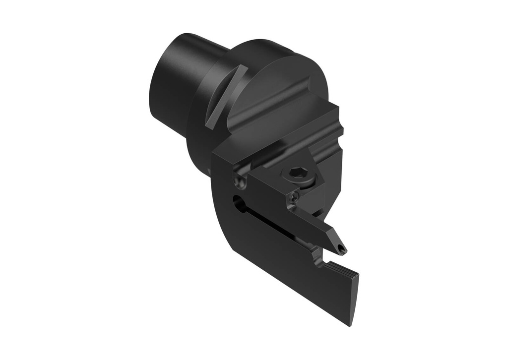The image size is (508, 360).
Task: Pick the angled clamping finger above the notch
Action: pyautogui.click(x=317, y=228)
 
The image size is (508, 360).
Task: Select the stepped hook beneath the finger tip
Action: pyautogui.click(x=320, y=257)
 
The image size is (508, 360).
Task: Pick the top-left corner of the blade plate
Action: pyautogui.click(x=214, y=154)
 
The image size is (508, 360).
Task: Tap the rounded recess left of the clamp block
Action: pyautogui.click(x=241, y=179)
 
